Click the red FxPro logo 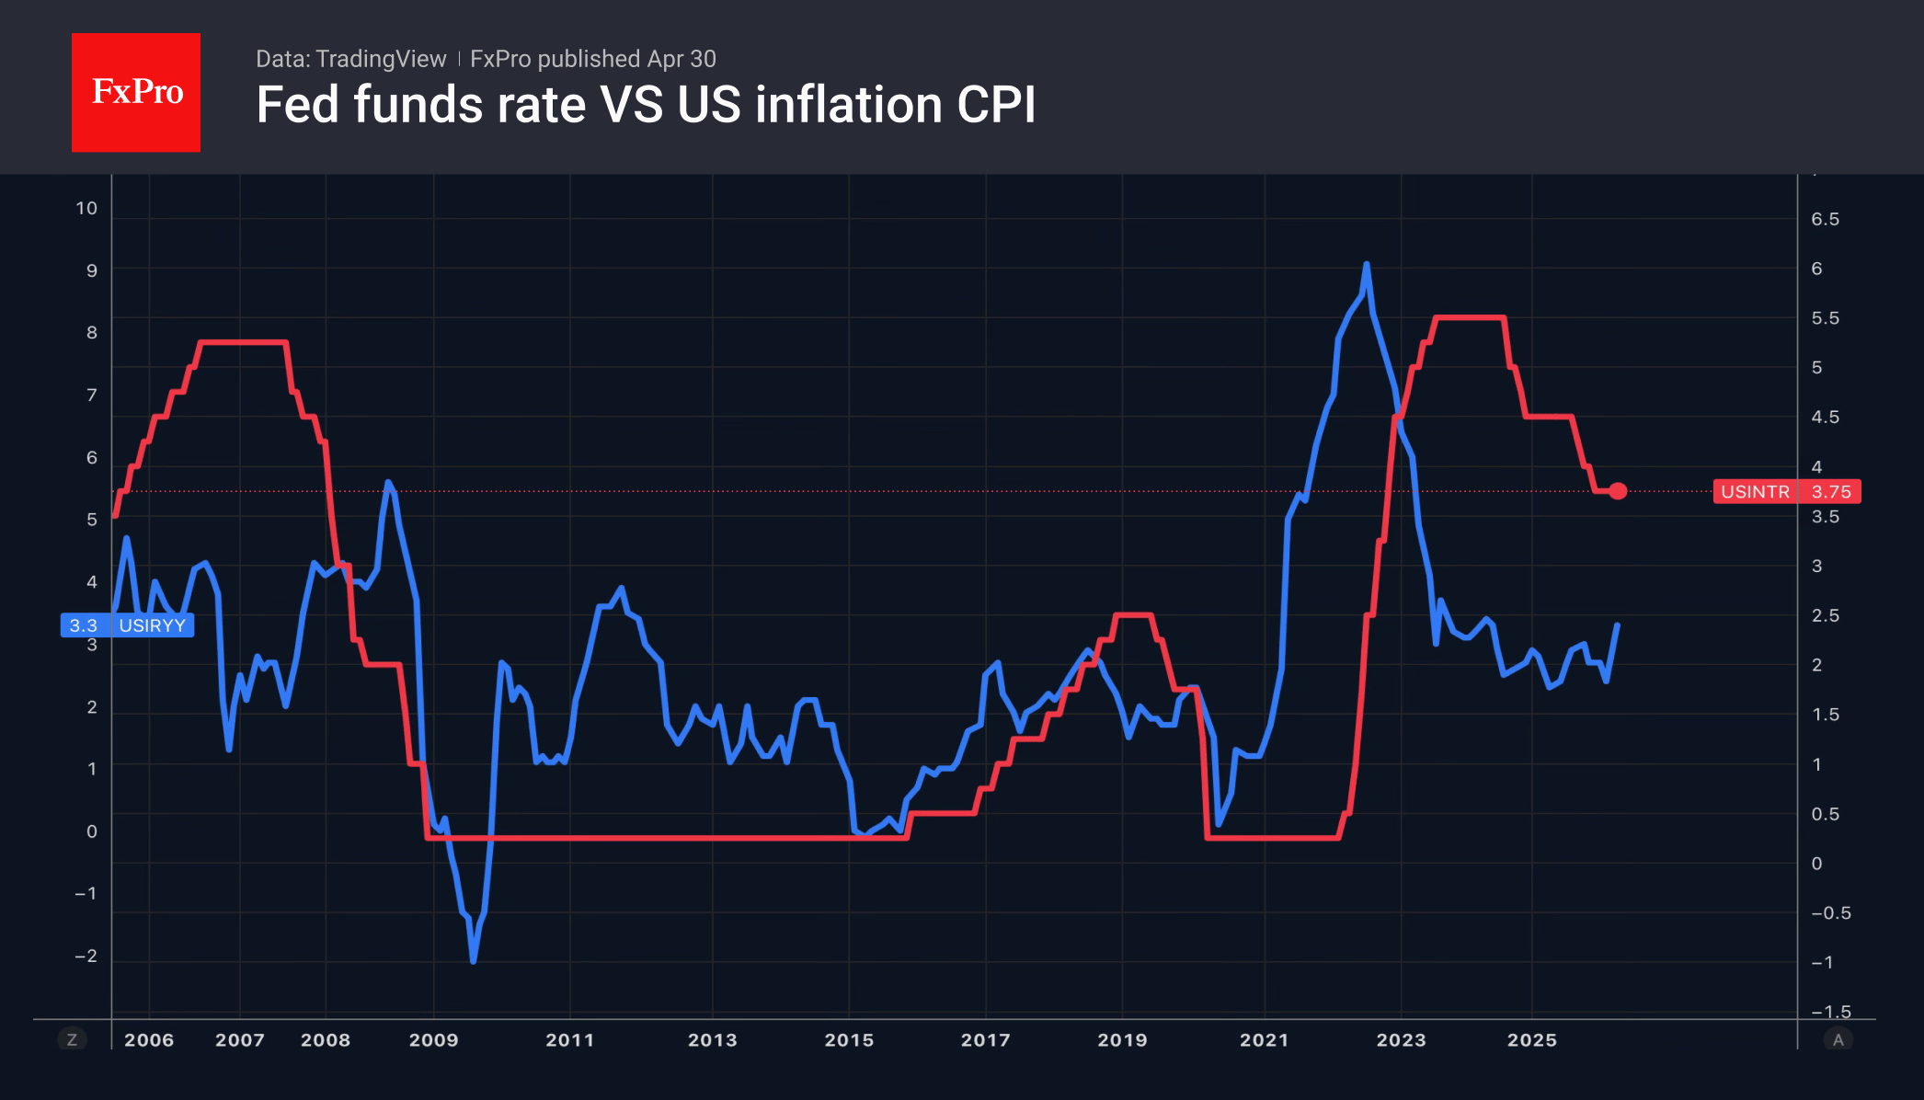point(136,92)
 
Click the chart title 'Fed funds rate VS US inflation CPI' point(646,105)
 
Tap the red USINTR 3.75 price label point(1786,492)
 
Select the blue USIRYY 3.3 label point(127,625)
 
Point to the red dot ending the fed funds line point(1618,491)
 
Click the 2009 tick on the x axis point(433,1040)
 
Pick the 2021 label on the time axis point(1264,1040)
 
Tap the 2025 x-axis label point(1531,1040)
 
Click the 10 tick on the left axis point(86,209)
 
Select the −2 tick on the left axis point(86,957)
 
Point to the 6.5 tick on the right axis point(1825,220)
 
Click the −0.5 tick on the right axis point(1830,913)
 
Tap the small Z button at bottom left point(72,1040)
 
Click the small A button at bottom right point(1838,1040)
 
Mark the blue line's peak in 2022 point(1367,265)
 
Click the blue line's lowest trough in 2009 point(474,961)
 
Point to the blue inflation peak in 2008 point(388,481)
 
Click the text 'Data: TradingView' point(350,59)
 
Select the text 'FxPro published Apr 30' point(592,59)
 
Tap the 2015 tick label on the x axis point(848,1040)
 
